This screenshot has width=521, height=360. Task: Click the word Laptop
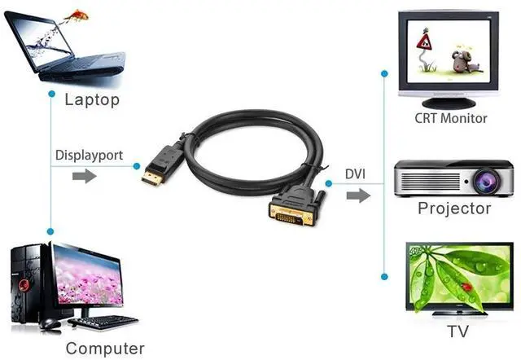point(92,99)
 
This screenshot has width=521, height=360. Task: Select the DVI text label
point(355,173)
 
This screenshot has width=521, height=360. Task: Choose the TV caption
point(458,332)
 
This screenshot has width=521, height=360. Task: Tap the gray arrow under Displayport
point(84,176)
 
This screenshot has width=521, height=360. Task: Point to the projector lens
point(480,178)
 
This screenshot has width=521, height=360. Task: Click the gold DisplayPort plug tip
point(150,178)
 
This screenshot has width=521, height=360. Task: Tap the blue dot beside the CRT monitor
point(384,73)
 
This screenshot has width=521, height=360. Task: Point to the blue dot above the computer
point(50,231)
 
